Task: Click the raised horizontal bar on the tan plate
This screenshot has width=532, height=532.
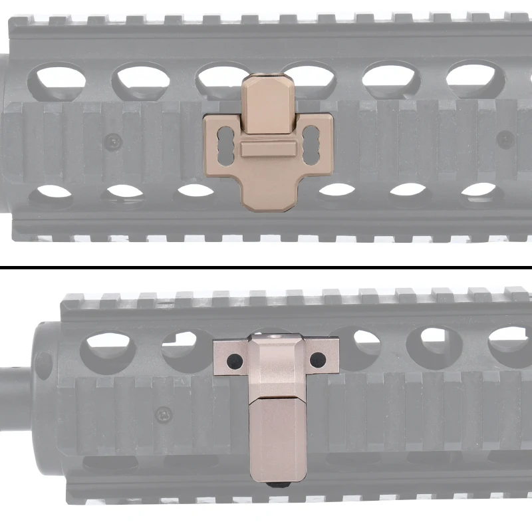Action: pos(267,148)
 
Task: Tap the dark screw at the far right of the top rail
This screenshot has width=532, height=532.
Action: pos(506,138)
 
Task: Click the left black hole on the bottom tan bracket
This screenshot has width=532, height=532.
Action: pos(232,361)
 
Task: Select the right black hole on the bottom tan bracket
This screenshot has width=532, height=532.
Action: pos(315,360)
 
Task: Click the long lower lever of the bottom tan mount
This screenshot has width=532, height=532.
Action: pos(277,436)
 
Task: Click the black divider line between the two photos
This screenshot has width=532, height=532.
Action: pos(266,267)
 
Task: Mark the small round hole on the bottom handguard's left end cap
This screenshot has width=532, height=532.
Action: pos(44,363)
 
